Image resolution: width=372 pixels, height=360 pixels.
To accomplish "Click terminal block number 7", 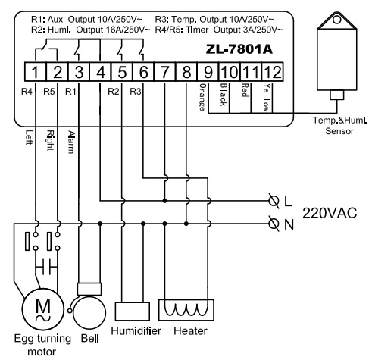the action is click(x=164, y=72).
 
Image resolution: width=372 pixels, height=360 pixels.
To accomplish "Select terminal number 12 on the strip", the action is click(x=273, y=72).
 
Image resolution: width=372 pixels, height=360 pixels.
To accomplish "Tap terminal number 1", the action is click(x=35, y=72).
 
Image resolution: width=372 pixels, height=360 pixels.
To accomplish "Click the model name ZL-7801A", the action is click(x=239, y=49).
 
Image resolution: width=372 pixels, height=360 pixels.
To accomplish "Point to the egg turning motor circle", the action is click(x=42, y=309).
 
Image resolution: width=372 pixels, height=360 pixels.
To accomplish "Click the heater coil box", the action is click(x=186, y=310).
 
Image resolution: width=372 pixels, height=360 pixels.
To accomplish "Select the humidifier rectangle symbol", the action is click(x=133, y=311).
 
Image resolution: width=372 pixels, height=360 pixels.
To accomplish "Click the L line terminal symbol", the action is click(x=274, y=201).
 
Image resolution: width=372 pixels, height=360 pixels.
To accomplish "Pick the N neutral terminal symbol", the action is click(x=274, y=224).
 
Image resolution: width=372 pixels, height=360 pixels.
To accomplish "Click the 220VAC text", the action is click(x=330, y=213).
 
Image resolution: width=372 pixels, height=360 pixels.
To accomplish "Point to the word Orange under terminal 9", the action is click(x=202, y=97).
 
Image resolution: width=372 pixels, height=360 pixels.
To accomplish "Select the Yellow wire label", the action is click(x=266, y=98).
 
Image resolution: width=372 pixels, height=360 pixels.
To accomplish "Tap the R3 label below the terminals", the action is click(x=136, y=92).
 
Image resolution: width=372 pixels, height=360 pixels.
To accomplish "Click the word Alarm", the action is click(x=71, y=142).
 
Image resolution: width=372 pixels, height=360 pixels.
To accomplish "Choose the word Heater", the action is click(x=190, y=331).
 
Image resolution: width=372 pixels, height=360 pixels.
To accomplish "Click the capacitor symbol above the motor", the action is click(x=46, y=267).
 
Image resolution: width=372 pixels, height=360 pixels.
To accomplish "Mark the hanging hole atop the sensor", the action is click(x=337, y=20).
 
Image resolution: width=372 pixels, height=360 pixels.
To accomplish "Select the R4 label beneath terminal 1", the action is click(x=27, y=92).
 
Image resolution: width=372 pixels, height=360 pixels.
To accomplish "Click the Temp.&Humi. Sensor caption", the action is click(x=339, y=126).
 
